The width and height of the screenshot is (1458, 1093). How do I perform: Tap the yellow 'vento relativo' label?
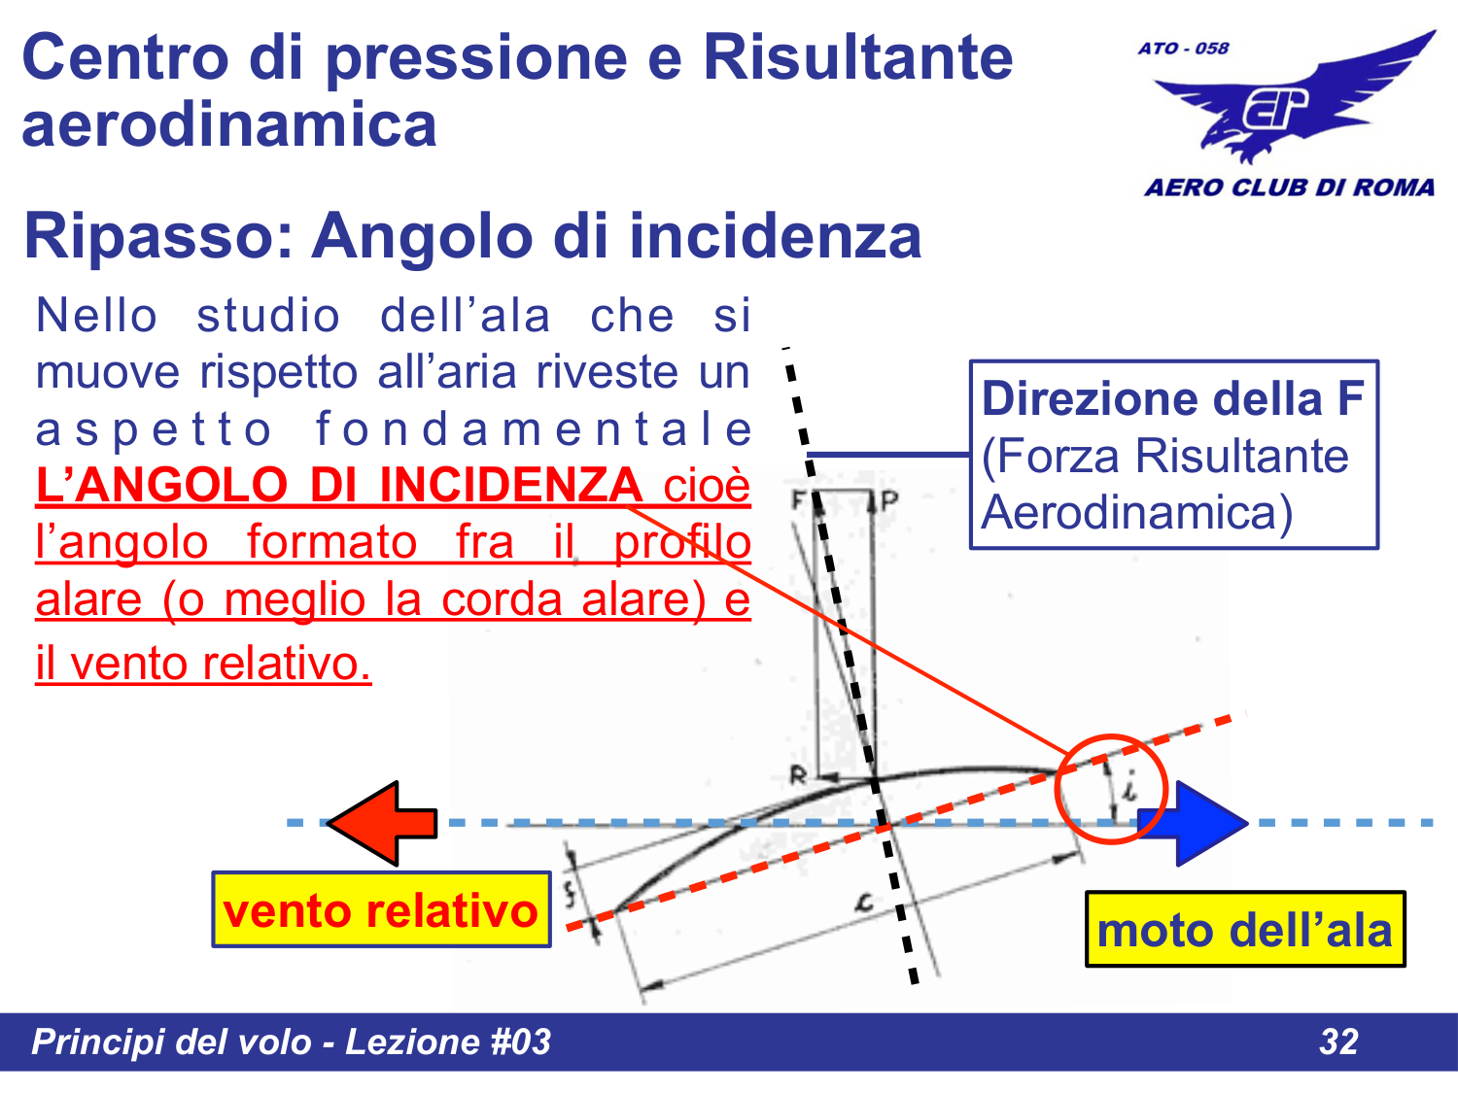381,910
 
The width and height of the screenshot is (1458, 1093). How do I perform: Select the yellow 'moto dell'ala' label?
1244,930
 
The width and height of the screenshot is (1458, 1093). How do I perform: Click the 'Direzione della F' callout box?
1174,455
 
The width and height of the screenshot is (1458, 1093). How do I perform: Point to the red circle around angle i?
1109,788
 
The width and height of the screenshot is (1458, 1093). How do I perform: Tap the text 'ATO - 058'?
1183,49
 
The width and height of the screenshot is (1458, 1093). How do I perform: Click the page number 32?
1338,1042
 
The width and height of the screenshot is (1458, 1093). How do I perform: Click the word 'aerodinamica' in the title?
229,124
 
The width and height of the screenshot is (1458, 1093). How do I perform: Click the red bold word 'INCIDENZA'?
510,485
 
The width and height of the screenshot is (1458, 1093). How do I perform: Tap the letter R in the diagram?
798,775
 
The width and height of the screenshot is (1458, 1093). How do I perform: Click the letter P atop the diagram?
888,501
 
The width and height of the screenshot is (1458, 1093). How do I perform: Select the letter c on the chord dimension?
863,903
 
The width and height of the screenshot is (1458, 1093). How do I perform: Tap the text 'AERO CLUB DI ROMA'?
1289,187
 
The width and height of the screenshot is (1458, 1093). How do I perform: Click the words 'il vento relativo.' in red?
203,664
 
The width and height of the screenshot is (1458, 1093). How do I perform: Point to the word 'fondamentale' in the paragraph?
534,429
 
